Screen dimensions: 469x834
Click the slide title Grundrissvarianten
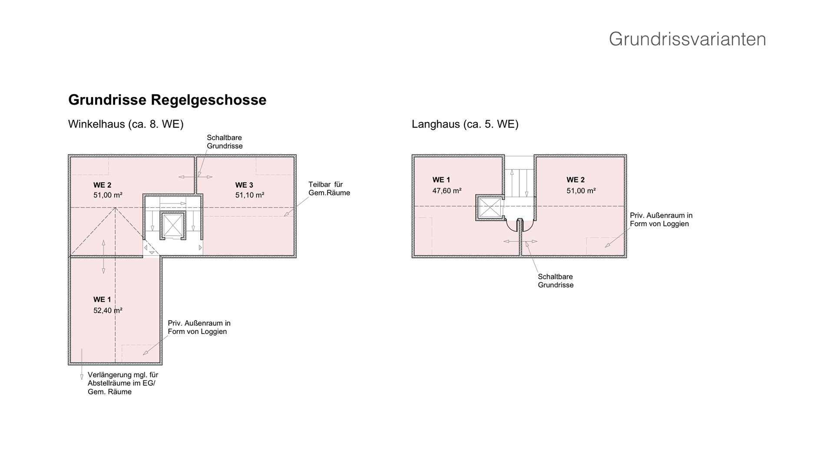(x=687, y=39)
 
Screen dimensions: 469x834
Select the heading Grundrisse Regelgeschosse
(x=167, y=100)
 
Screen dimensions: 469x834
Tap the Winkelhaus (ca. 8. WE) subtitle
(x=126, y=124)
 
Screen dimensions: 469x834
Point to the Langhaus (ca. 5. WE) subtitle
(x=465, y=124)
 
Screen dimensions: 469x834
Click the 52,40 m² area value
(x=108, y=310)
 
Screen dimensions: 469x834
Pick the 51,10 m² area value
(x=250, y=195)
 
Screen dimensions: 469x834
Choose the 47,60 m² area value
(x=447, y=191)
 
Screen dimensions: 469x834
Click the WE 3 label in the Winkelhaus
(x=244, y=185)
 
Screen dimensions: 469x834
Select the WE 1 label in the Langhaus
(x=441, y=180)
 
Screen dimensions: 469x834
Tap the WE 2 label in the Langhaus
(x=575, y=180)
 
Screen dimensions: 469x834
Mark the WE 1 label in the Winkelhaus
(x=102, y=300)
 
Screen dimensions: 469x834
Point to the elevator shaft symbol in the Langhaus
(x=489, y=208)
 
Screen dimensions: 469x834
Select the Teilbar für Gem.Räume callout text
(x=329, y=188)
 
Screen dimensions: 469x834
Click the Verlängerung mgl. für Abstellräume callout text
(x=122, y=383)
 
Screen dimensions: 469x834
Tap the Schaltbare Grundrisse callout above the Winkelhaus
(x=224, y=142)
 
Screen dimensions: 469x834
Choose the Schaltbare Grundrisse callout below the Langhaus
(x=555, y=281)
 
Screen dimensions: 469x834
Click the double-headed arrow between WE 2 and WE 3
(x=195, y=177)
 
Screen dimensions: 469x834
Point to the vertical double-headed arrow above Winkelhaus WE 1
(x=103, y=256)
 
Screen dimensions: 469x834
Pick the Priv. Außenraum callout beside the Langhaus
(x=661, y=219)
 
